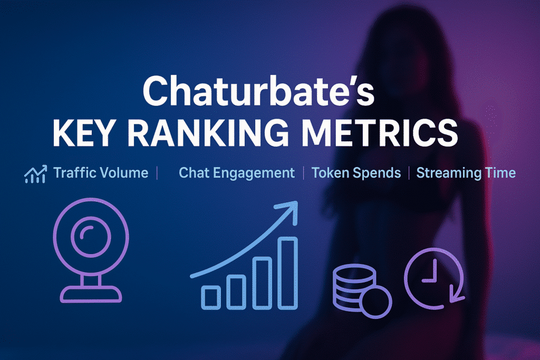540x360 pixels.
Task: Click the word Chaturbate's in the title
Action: tap(258, 91)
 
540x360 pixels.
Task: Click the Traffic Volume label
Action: tap(101, 173)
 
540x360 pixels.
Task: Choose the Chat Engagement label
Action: tap(237, 173)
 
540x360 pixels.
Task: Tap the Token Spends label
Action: tap(356, 173)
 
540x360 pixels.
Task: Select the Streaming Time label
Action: tap(466, 173)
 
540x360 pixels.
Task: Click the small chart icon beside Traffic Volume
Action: tap(35, 174)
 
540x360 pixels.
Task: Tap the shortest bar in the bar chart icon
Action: tap(211, 297)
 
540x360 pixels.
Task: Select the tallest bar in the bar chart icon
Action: tap(287, 273)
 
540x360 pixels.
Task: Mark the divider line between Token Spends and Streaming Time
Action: tap(409, 173)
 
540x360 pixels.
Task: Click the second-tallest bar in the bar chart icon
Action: tap(262, 283)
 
